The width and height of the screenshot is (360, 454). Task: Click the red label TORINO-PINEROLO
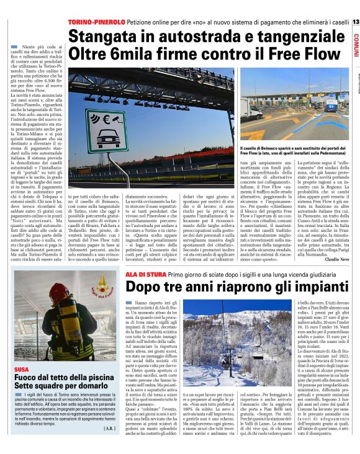[96, 22]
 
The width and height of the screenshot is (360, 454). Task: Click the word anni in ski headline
[197, 287]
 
